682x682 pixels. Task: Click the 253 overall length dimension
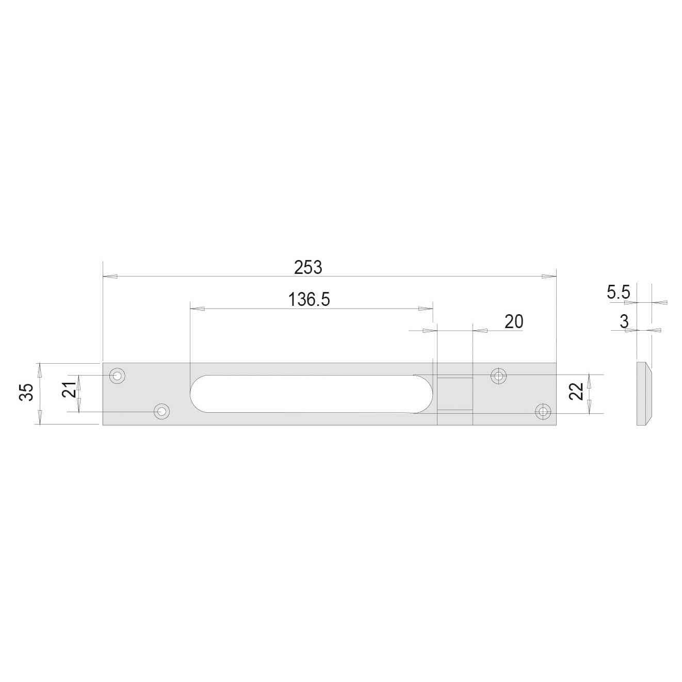pyautogui.click(x=308, y=268)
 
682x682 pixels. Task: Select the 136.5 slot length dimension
pyautogui.click(x=309, y=299)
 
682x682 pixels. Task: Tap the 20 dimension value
pyautogui.click(x=513, y=322)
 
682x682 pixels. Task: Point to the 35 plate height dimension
pyautogui.click(x=26, y=392)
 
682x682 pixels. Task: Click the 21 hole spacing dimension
pyautogui.click(x=69, y=389)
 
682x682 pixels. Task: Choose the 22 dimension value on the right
pyautogui.click(x=576, y=392)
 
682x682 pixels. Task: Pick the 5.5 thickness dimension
pyautogui.click(x=619, y=293)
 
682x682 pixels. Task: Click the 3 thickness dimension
pyautogui.click(x=624, y=321)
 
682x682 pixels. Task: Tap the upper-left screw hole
pyautogui.click(x=117, y=376)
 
